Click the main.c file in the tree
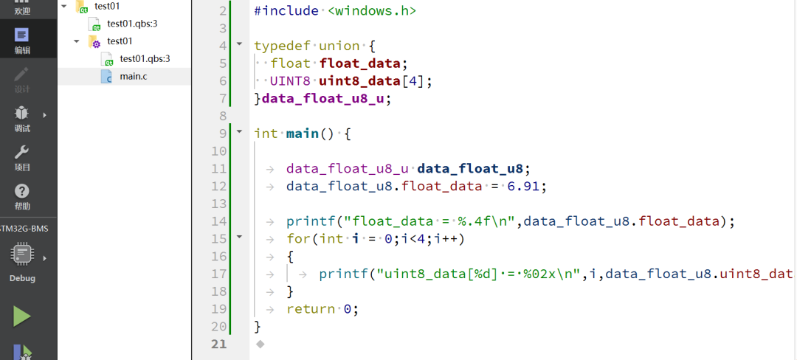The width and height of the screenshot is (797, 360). [133, 76]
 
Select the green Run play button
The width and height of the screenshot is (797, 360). [22, 316]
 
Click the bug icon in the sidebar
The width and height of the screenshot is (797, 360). [22, 114]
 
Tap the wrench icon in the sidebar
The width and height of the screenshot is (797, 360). [22, 152]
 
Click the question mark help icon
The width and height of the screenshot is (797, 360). [22, 191]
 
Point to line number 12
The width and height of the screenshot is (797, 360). [219, 204]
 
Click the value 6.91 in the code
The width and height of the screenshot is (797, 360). [526, 186]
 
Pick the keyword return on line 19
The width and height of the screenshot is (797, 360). [311, 309]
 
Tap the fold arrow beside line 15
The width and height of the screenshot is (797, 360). [239, 238]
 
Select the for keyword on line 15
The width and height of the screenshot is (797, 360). [298, 239]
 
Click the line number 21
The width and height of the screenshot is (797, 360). [219, 344]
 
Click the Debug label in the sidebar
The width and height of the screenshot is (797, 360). [22, 279]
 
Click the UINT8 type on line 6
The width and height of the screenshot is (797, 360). [291, 81]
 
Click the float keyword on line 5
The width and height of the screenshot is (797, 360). [291, 63]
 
